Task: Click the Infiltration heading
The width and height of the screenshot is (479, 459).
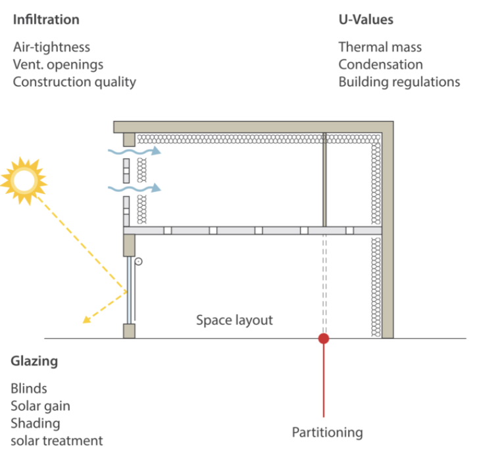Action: (x=46, y=20)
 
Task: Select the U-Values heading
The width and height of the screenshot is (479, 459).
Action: (x=366, y=20)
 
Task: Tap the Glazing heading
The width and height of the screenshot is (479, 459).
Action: (x=34, y=361)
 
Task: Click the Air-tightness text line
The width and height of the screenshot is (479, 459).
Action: (x=51, y=47)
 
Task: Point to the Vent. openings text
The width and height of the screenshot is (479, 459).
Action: (x=58, y=65)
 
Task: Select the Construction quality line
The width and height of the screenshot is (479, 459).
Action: (x=74, y=82)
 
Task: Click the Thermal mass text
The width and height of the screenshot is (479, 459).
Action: (x=380, y=47)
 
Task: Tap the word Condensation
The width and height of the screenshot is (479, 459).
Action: (x=380, y=64)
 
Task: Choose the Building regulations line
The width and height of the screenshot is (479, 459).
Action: (x=399, y=82)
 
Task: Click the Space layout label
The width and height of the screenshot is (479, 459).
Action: (x=234, y=320)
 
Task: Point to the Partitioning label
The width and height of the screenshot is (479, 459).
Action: (x=327, y=433)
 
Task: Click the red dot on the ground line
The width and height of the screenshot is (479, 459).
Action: (x=324, y=339)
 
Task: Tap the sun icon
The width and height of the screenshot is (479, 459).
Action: (x=24, y=180)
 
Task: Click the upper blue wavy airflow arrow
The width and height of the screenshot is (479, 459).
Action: (x=134, y=151)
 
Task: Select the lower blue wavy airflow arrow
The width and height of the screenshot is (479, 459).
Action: (x=134, y=189)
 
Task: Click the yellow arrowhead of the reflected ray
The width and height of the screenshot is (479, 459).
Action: (x=86, y=320)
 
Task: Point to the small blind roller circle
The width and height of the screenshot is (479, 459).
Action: (x=138, y=262)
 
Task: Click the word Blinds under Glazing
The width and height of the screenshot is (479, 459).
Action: (x=29, y=389)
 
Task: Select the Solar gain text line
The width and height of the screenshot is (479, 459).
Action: (x=40, y=406)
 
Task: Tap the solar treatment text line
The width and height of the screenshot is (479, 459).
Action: (x=57, y=441)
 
